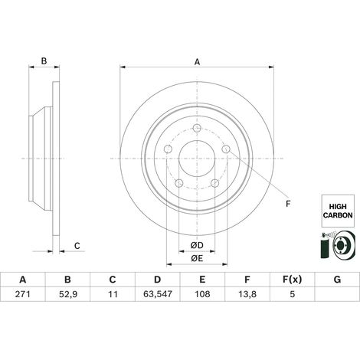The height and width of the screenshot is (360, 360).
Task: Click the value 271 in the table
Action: click(x=23, y=294)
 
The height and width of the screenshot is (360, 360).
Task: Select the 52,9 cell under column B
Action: click(x=68, y=294)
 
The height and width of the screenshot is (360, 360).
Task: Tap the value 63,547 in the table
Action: click(x=158, y=294)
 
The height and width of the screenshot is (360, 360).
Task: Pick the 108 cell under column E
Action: click(x=202, y=294)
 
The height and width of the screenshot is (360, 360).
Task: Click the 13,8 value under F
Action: click(x=247, y=294)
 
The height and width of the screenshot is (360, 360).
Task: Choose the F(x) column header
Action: click(x=292, y=280)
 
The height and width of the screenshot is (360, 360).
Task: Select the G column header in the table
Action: click(x=337, y=280)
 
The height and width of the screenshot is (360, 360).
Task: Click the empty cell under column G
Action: click(x=337, y=294)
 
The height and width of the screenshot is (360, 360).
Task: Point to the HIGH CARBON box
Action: click(x=338, y=211)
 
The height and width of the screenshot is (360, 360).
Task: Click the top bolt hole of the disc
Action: click(x=197, y=128)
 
